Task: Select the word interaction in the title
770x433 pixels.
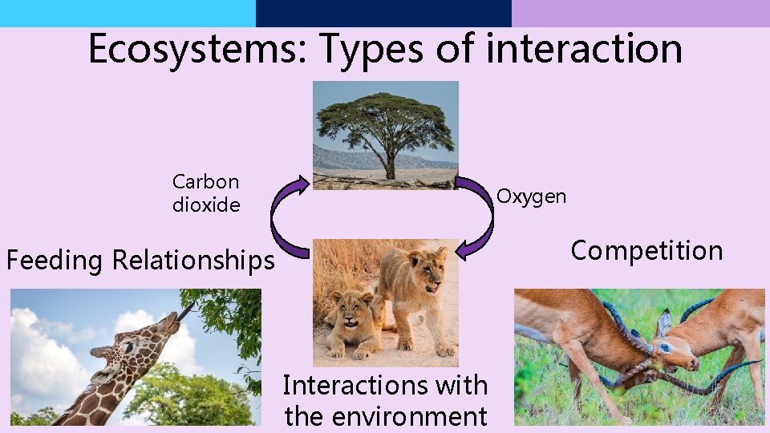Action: point(584,48)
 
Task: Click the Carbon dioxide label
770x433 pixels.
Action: point(206,194)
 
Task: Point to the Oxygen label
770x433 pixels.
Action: point(531,196)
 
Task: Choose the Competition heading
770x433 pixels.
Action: point(646,251)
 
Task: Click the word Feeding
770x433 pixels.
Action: point(55,261)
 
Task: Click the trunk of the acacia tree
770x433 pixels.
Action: point(390,166)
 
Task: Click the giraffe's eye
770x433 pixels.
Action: point(128,347)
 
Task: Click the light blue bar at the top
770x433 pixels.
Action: point(128,13)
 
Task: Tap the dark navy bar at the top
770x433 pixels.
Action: point(383,13)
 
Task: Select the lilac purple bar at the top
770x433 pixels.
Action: point(640,13)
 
